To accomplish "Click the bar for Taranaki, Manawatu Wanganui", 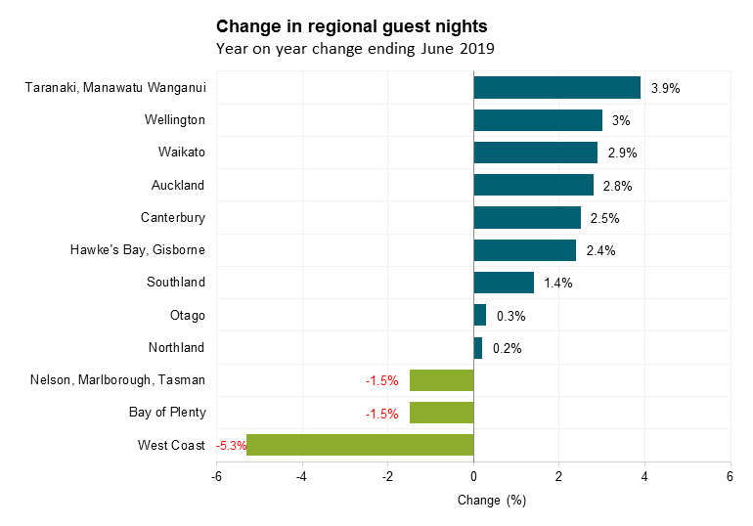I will coord(556,88).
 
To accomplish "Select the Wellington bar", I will coord(538,120).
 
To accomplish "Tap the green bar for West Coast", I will coord(360,445).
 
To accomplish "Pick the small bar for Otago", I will coord(480,315).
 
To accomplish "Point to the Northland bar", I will coord(478,348).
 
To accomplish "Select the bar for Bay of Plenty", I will coord(441,413).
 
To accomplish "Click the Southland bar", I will coord(504,283).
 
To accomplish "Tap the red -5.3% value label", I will coord(231,446).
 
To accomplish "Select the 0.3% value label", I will coord(510,316).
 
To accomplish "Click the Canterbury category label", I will coord(173,217).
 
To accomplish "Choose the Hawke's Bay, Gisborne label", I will coord(138,250).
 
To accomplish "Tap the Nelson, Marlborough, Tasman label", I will coord(118,380).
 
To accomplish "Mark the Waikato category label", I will coord(182,153).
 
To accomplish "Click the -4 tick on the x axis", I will coord(302,476).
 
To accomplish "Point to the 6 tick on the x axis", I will coord(730,476).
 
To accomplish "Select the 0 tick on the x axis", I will coord(473,476).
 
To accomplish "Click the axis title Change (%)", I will coord(492,501).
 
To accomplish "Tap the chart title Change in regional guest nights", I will coord(351,24).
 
